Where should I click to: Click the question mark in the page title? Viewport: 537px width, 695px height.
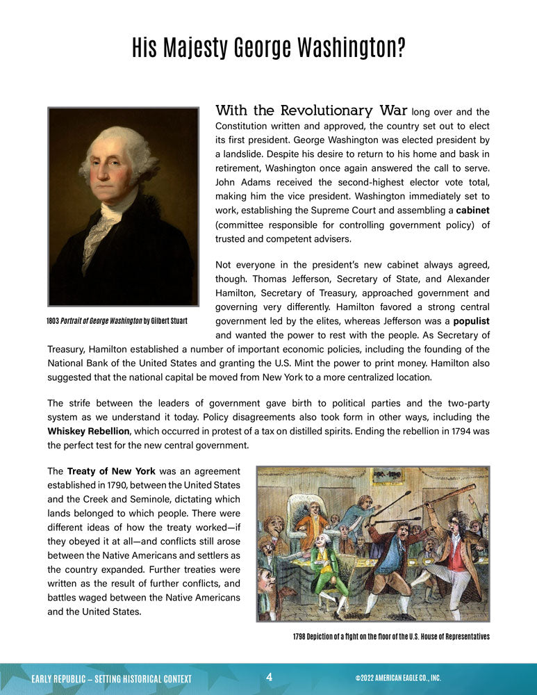400,48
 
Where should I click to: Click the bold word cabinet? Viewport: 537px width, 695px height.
473,211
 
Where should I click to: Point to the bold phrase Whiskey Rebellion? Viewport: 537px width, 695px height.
88,432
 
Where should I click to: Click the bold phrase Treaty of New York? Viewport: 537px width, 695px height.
111,471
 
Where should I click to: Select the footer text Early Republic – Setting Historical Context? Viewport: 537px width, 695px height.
112,678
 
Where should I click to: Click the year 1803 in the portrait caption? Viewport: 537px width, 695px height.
53,321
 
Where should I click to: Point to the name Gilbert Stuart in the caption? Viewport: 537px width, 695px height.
170,321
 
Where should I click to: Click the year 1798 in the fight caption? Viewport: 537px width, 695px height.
300,637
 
